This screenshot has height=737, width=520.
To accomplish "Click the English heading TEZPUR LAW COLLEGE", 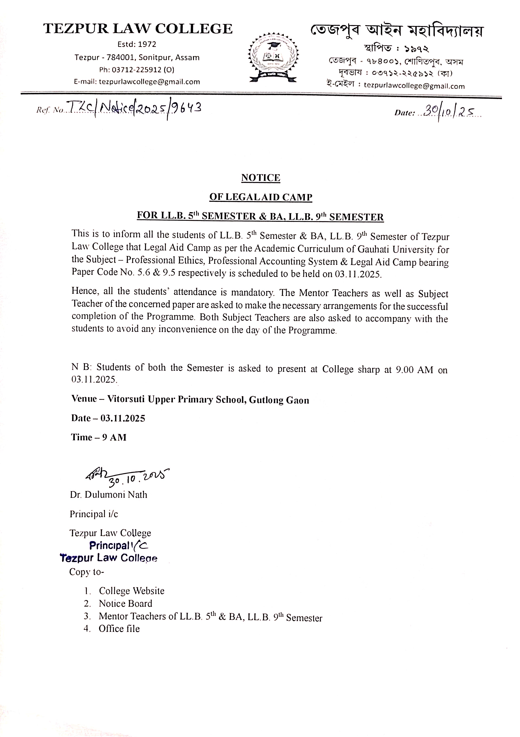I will [x=138, y=29].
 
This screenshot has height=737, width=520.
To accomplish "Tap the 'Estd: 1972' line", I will [x=137, y=44].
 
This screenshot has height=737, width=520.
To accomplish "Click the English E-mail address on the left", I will [x=149, y=82].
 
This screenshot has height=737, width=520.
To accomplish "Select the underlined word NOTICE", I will [x=261, y=178].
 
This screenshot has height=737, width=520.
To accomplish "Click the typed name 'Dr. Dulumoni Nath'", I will [x=108, y=495].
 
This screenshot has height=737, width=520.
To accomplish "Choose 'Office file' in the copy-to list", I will [x=119, y=629].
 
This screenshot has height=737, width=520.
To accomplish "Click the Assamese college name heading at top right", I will [x=397, y=31].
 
